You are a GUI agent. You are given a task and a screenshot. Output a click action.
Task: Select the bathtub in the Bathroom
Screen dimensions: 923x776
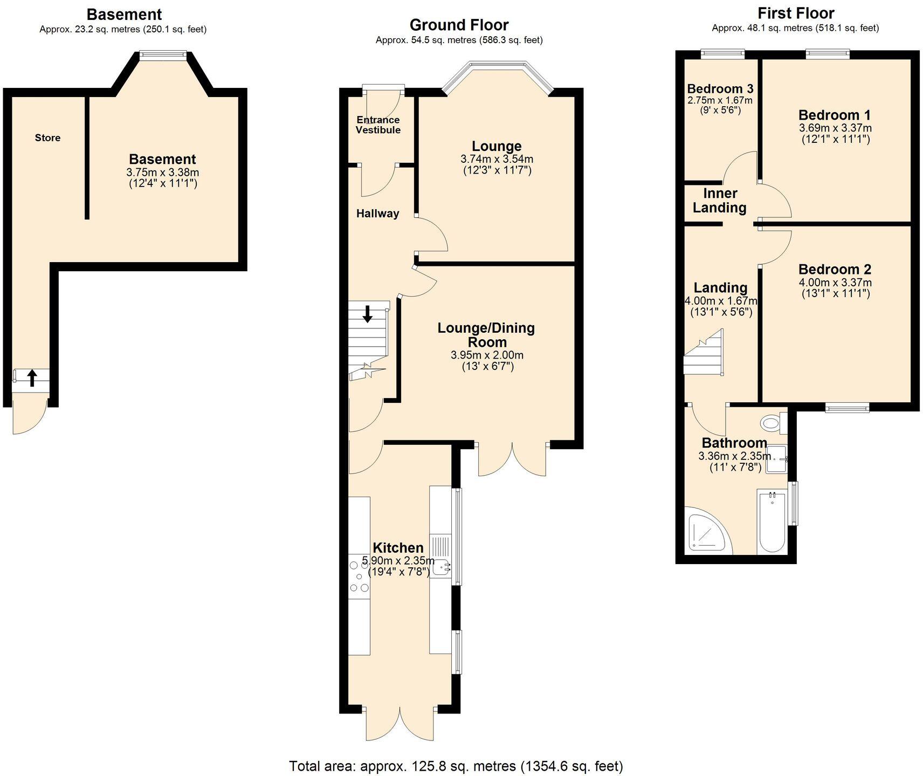pyautogui.click(x=772, y=521)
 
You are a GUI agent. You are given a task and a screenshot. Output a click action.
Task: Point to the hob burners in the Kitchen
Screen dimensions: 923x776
pyautogui.click(x=359, y=576)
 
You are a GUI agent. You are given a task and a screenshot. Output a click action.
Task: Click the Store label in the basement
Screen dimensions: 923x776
pyautogui.click(x=47, y=138)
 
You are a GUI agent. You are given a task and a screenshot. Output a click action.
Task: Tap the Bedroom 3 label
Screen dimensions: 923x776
pyautogui.click(x=720, y=88)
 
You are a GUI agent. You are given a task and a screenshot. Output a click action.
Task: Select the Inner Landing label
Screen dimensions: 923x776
pyautogui.click(x=720, y=201)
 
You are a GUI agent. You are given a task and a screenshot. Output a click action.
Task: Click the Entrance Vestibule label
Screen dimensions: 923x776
pyautogui.click(x=378, y=125)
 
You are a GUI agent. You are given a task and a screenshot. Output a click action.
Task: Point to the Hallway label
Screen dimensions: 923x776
pyautogui.click(x=377, y=214)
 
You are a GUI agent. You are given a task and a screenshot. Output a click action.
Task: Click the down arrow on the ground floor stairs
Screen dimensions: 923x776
pyautogui.click(x=367, y=314)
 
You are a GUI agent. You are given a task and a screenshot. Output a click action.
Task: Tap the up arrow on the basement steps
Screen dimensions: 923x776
pyautogui.click(x=32, y=378)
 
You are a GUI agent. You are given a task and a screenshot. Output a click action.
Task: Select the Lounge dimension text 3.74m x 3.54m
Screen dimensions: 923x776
pyautogui.click(x=497, y=159)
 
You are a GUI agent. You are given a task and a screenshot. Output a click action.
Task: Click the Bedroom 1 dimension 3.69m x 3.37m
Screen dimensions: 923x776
pyautogui.click(x=835, y=128)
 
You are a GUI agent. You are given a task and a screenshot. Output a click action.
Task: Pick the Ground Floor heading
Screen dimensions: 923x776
pyautogui.click(x=459, y=25)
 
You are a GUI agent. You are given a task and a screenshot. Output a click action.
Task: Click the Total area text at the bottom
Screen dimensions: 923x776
pyautogui.click(x=456, y=766)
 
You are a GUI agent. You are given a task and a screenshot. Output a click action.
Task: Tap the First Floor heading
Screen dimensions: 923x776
pyautogui.click(x=796, y=13)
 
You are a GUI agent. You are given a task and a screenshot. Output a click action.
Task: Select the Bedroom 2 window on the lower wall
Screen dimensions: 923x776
pyautogui.click(x=847, y=408)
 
